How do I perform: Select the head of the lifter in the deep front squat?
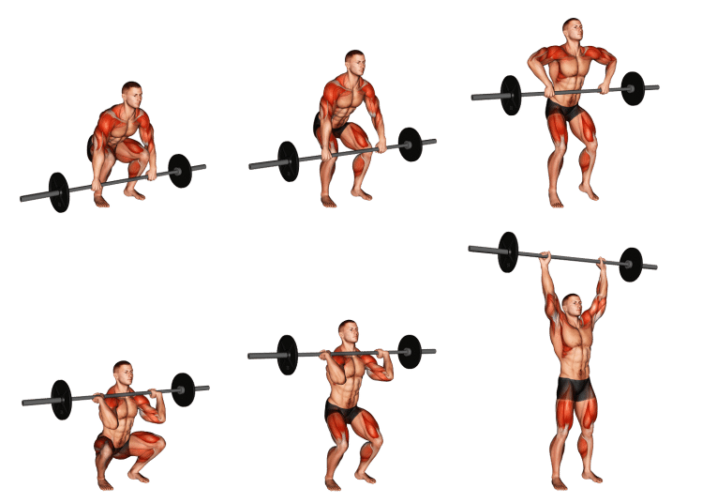tap(123, 374)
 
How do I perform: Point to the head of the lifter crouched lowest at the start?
tap(132, 94)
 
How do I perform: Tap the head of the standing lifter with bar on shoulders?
tap(349, 333)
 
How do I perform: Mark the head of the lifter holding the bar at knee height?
tap(353, 64)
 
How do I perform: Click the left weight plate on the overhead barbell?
tap(508, 251)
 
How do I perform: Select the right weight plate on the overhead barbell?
tap(631, 264)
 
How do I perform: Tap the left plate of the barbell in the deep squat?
tap(61, 399)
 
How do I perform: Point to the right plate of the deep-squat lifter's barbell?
tap(184, 389)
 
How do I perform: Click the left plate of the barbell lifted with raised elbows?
tap(511, 95)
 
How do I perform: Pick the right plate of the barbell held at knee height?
tap(410, 145)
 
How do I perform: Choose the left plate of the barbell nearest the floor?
tap(59, 192)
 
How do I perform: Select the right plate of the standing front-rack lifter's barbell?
tap(410, 352)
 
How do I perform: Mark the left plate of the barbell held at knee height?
tap(288, 160)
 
